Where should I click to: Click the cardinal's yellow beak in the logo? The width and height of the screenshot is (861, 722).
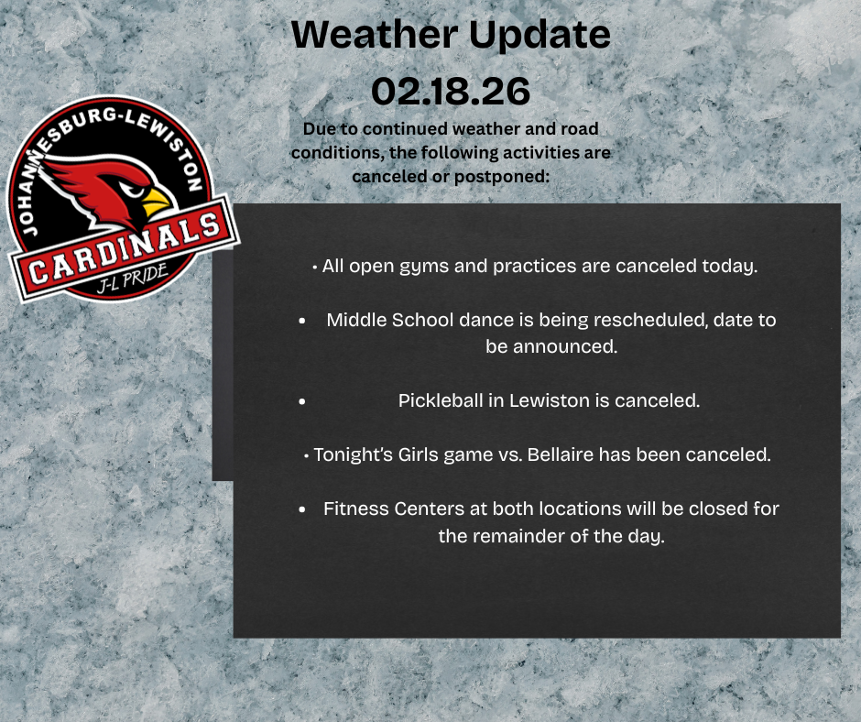coord(157,201)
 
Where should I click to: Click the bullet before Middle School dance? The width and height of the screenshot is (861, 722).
coord(302,322)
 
